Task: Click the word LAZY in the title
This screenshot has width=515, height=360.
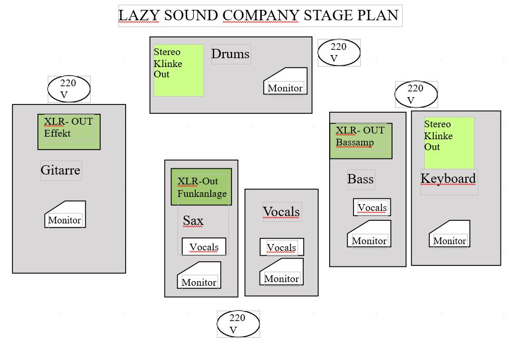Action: (x=139, y=15)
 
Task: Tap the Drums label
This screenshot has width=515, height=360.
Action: (x=231, y=54)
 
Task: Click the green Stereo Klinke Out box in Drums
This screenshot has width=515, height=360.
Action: (x=179, y=70)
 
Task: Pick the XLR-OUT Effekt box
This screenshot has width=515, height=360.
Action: (x=69, y=132)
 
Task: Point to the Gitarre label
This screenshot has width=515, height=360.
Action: (x=61, y=170)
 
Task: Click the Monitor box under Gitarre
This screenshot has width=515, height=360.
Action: (x=65, y=216)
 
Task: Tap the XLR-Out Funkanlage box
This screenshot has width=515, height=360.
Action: (x=201, y=187)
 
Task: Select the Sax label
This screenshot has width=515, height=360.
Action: (x=193, y=221)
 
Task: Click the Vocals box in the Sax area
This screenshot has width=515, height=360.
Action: (x=204, y=247)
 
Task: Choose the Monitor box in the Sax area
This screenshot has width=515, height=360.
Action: (x=199, y=276)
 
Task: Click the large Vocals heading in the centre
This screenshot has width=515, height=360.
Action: (x=281, y=212)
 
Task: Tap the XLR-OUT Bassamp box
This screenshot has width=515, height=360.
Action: (x=361, y=141)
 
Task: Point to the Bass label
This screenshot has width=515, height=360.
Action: (x=360, y=179)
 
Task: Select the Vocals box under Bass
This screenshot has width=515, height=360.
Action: (x=372, y=207)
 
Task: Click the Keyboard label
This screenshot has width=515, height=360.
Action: (x=448, y=179)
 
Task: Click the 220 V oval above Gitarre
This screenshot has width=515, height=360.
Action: (x=69, y=89)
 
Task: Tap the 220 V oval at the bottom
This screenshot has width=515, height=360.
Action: (x=238, y=324)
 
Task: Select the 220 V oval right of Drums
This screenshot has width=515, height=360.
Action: (x=338, y=52)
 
